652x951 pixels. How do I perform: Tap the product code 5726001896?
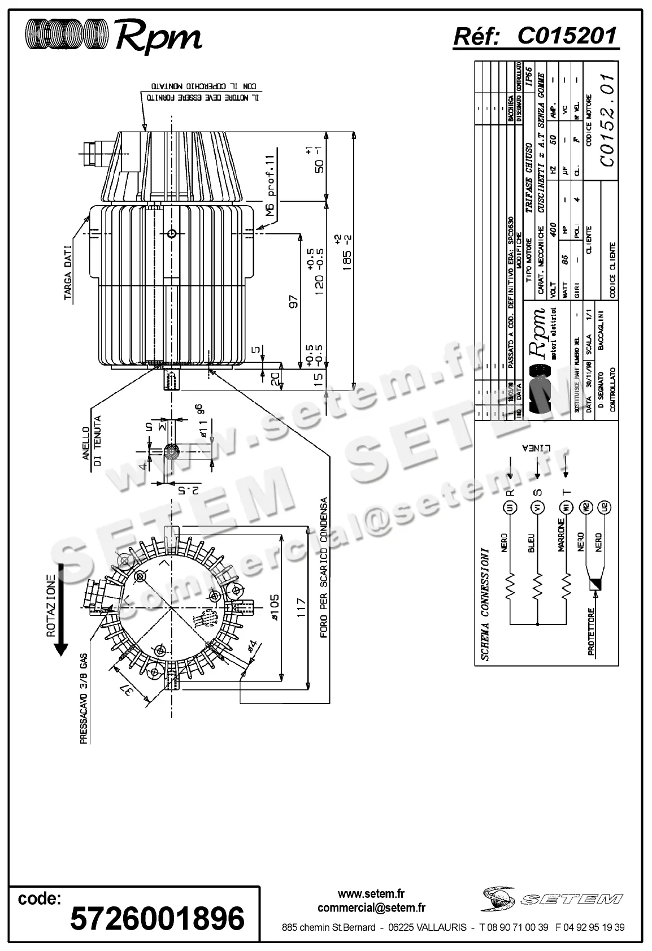[x=157, y=918]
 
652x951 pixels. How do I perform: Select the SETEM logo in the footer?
[x=553, y=897]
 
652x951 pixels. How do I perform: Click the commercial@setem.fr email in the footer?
[x=371, y=908]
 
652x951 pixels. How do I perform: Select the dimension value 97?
[x=293, y=302]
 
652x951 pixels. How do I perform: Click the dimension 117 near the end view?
[x=301, y=608]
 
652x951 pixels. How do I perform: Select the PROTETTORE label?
[x=591, y=632]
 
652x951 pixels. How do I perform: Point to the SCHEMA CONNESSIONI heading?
[x=485, y=603]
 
